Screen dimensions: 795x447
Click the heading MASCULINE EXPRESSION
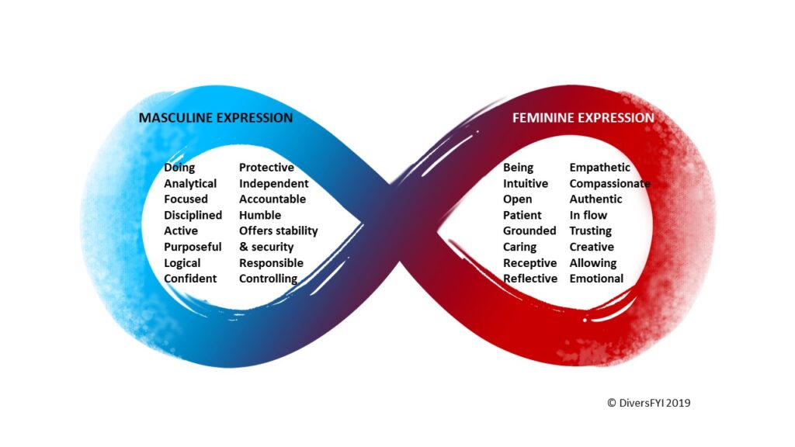(x=216, y=118)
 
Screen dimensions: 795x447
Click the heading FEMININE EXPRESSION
(x=583, y=118)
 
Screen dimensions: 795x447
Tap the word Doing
(x=179, y=168)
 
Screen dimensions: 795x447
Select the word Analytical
(x=190, y=183)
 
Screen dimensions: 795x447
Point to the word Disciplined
(x=193, y=215)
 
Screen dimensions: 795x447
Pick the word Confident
(x=190, y=279)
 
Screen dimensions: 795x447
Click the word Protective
(x=267, y=168)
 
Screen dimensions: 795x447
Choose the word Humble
(x=260, y=215)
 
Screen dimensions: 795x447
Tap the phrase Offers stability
(x=279, y=231)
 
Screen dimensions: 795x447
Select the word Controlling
(x=268, y=279)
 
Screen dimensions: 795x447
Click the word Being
(x=518, y=168)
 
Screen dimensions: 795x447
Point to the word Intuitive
(x=526, y=183)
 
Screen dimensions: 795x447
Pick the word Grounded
(x=529, y=230)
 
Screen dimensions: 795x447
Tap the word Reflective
(x=529, y=279)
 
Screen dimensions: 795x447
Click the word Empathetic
(x=600, y=168)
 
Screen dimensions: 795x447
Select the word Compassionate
(x=610, y=183)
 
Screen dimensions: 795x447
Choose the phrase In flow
(x=588, y=215)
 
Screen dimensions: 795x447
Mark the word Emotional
(x=596, y=279)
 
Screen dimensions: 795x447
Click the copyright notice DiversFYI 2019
(x=648, y=403)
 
